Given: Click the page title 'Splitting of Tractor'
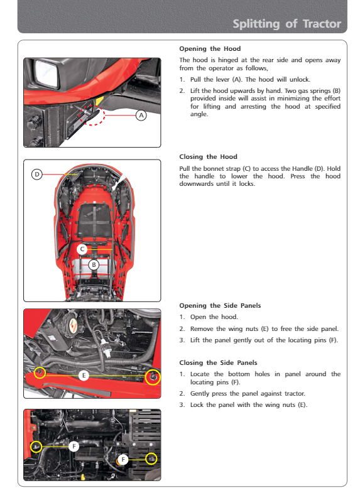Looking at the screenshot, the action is click(287, 24).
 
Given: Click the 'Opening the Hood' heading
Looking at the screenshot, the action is click(210, 48).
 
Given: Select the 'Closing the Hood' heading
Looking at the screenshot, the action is click(208, 156).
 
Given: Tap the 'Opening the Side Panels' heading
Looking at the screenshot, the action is click(220, 306).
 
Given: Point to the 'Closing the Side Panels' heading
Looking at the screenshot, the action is click(218, 362).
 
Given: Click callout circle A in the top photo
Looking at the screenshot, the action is click(141, 115).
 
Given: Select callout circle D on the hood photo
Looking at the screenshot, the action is click(36, 175).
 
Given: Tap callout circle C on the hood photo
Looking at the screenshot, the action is click(82, 249).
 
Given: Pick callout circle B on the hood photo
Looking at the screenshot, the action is click(94, 265).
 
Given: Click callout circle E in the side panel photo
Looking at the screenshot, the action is click(84, 376).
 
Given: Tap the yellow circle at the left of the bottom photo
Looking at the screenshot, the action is click(31, 447).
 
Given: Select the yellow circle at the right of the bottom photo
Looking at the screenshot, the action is click(146, 458).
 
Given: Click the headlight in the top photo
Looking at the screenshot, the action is click(46, 73).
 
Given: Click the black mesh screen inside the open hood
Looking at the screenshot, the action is click(94, 220).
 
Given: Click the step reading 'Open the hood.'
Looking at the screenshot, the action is click(214, 317).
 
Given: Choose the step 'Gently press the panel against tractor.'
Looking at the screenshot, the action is click(248, 393).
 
